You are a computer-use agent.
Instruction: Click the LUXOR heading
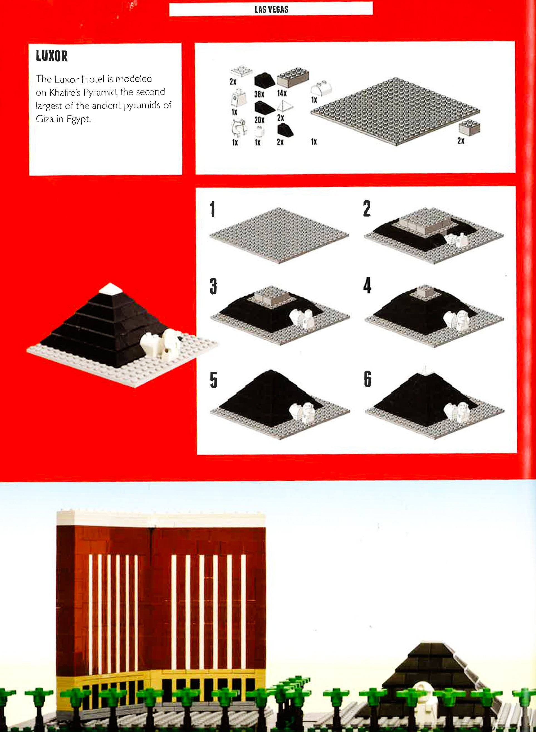pos(52,56)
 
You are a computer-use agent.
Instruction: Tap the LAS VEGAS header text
pos(271,9)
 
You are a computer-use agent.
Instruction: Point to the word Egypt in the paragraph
pos(78,119)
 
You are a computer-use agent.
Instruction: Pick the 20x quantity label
pos(259,120)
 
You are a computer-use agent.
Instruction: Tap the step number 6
pos(367,379)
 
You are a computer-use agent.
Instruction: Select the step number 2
pos(367,208)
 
